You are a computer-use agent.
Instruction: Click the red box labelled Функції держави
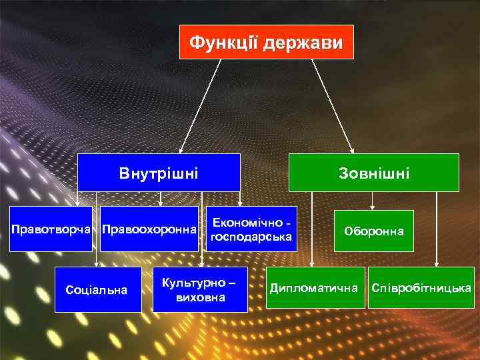tap(267, 42)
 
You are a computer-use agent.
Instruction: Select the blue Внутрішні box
tap(159, 173)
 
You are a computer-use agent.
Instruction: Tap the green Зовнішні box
tap(373, 173)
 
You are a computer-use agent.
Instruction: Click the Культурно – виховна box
tap(200, 289)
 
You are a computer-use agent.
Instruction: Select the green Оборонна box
tap(373, 231)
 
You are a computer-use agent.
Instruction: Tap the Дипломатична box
tap(315, 288)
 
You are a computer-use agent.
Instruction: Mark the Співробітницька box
tap(421, 288)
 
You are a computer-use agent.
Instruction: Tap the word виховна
tap(200, 297)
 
